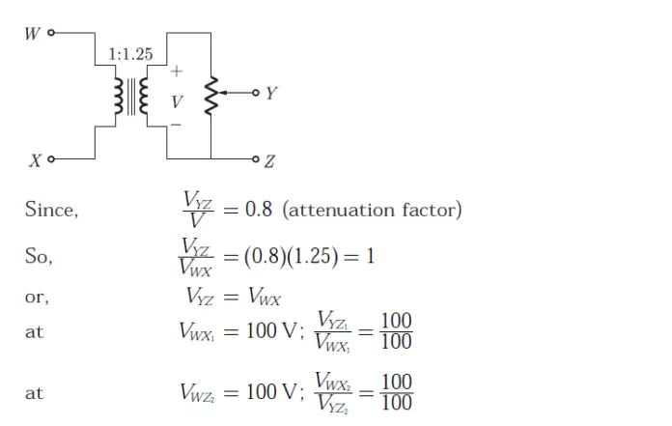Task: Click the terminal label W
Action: [x=32, y=34]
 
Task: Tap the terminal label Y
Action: [x=271, y=94]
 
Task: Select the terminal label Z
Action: [x=269, y=160]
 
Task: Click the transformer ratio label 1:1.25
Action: [x=130, y=54]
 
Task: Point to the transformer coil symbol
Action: [x=132, y=97]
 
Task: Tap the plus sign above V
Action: [x=176, y=71]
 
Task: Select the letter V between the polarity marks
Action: [x=176, y=100]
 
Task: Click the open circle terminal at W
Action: [x=50, y=34]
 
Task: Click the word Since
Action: [x=50, y=211]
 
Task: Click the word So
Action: [x=39, y=257]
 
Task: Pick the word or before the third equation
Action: [x=36, y=298]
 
